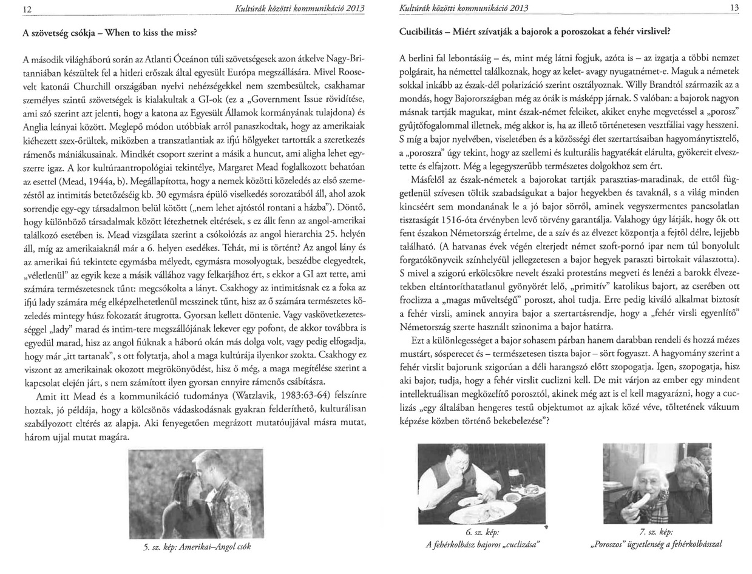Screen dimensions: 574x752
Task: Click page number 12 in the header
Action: (x=25, y=8)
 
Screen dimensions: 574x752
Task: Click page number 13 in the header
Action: (x=736, y=8)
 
